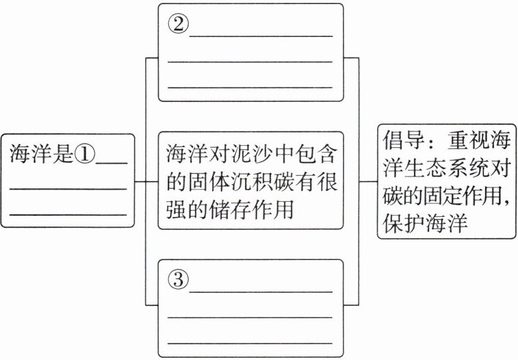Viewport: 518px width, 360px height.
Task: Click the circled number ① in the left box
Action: click(x=86, y=155)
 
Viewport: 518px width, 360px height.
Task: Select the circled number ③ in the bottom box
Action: click(x=177, y=279)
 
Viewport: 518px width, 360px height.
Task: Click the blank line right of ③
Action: click(x=260, y=290)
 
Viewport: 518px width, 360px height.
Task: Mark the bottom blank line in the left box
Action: click(x=68, y=214)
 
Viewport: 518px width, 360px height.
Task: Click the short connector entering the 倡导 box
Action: click(x=368, y=182)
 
